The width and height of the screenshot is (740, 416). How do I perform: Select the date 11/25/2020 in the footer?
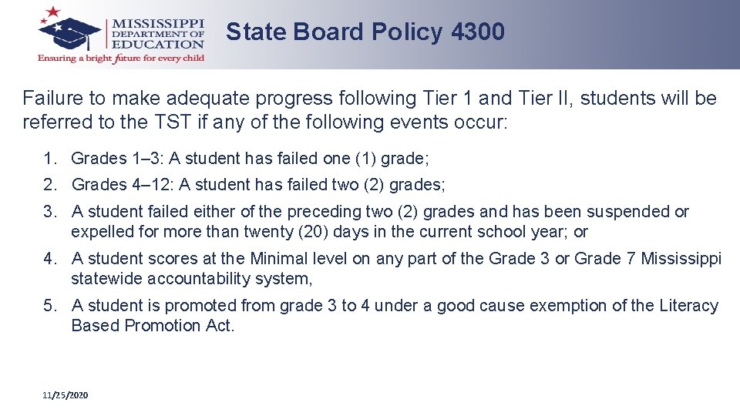66,395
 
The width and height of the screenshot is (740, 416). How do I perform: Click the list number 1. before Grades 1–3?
51,159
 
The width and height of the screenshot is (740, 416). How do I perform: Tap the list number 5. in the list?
51,306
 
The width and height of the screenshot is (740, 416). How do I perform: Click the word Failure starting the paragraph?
53,99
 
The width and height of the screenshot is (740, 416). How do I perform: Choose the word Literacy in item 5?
688,306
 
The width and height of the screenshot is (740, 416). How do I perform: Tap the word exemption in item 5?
562,306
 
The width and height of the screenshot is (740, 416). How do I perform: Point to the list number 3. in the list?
51,211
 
